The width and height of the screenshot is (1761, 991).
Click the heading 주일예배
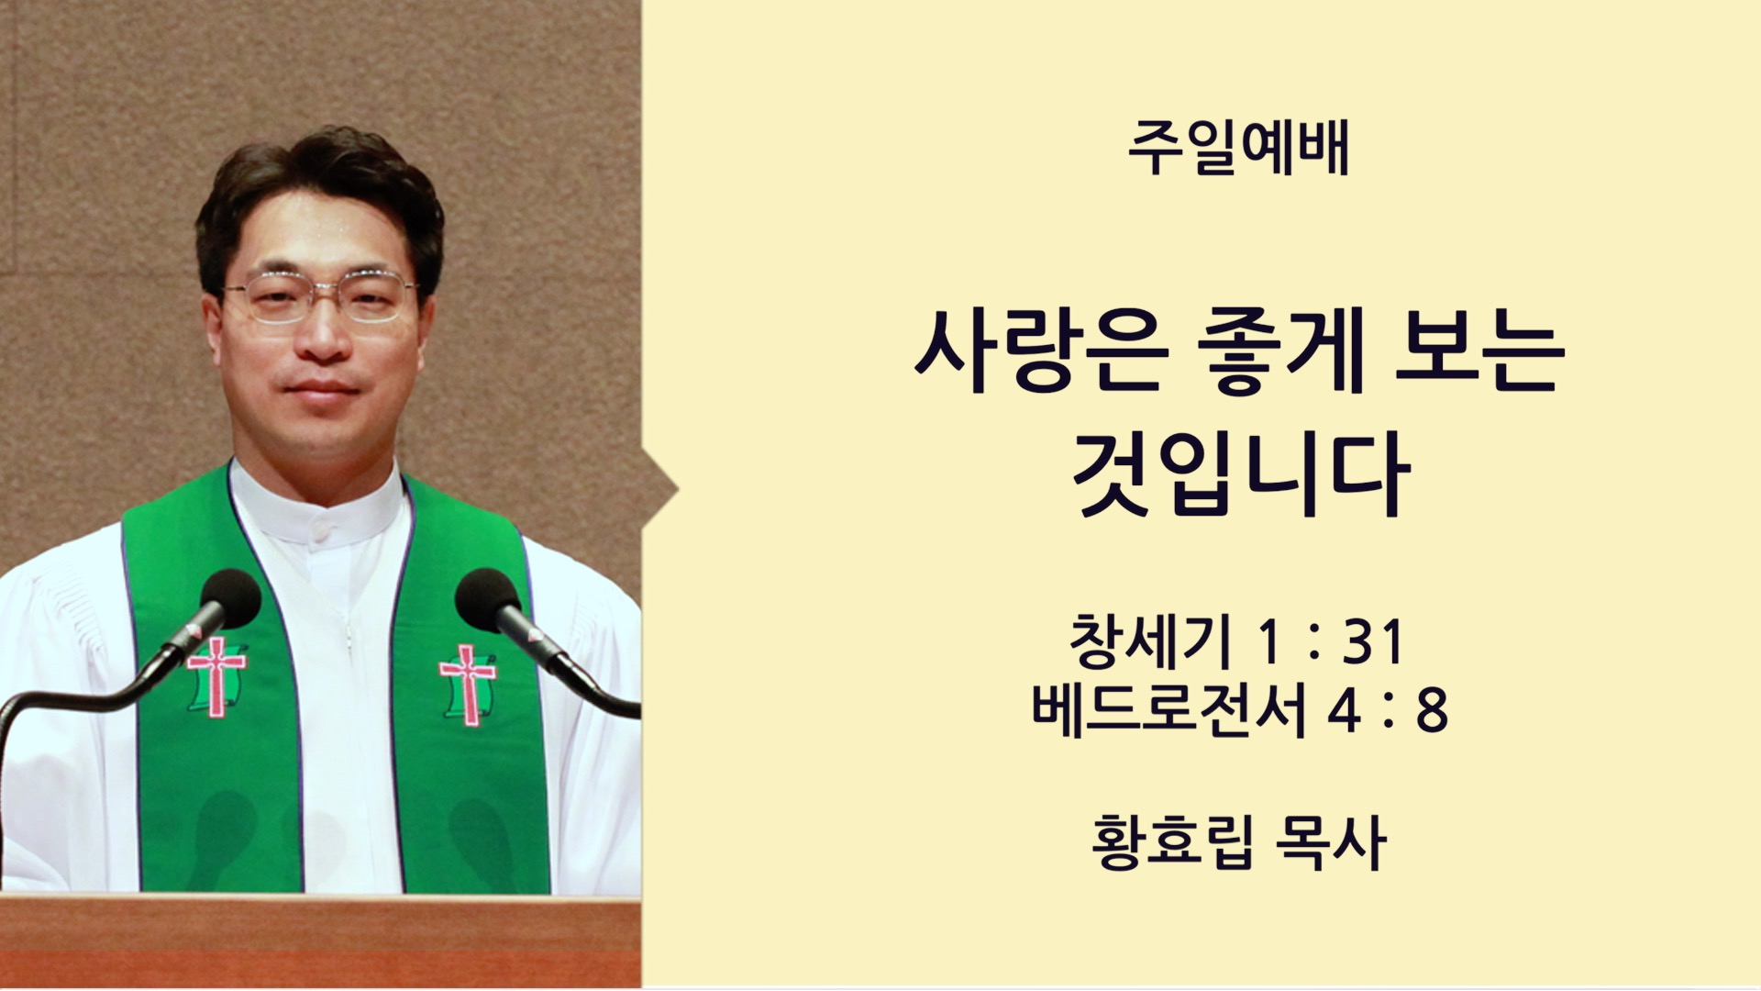pyautogui.click(x=1238, y=150)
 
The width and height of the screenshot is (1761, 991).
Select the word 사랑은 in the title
pyautogui.click(x=1040, y=353)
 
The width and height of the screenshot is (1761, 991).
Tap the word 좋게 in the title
pyautogui.click(x=1282, y=353)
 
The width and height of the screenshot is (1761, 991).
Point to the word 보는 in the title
pyautogui.click(x=1479, y=353)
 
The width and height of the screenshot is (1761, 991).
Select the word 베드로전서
pyautogui.click(x=1168, y=709)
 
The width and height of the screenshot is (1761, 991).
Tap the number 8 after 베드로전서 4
pyautogui.click(x=1432, y=710)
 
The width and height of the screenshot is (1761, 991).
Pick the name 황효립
pyautogui.click(x=1171, y=842)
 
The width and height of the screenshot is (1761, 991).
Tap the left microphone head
pyautogui.click(x=229, y=597)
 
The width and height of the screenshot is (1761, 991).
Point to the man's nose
pyautogui.click(x=323, y=335)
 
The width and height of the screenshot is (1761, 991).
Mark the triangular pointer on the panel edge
pyautogui.click(x=659, y=490)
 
